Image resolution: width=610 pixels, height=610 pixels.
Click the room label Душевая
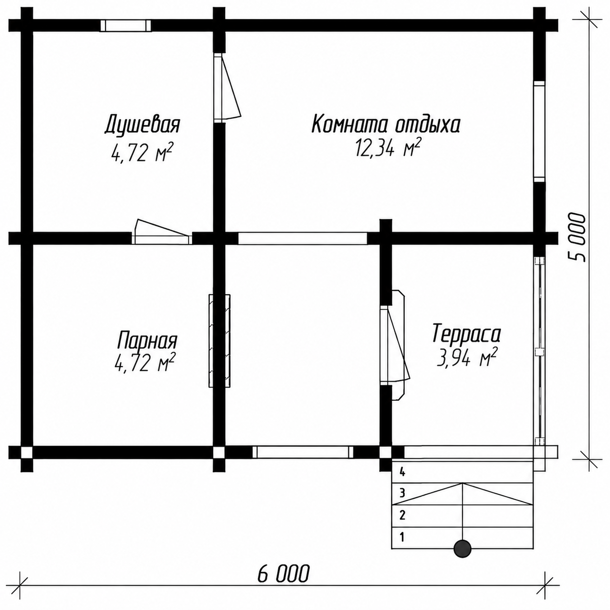pos(142,125)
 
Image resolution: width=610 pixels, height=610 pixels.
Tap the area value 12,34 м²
pos(388,147)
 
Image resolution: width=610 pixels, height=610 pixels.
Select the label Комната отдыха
pos(386,124)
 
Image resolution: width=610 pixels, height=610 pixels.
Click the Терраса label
pos(466,333)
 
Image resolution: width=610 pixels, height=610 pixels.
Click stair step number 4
pos(402,473)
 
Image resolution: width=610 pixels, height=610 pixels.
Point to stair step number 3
pos(402,493)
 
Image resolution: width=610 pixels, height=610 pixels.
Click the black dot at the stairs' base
pos(463,549)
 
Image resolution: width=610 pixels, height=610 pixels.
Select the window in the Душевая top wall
pos(126,25)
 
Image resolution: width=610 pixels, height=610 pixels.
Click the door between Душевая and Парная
pos(162,232)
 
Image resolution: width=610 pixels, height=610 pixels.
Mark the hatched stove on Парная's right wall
pos(219,341)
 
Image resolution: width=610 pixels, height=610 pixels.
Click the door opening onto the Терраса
pos(395,345)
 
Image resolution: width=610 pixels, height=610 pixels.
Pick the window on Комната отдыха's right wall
pos(539,131)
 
